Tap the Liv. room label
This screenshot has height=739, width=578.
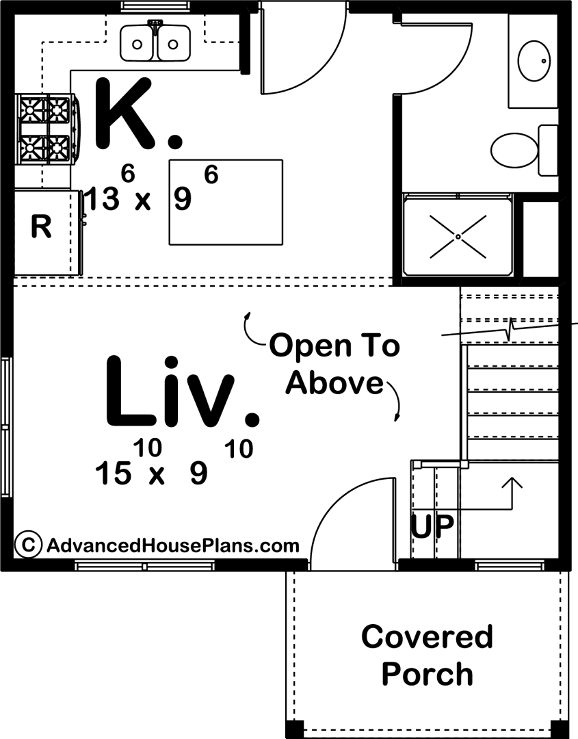click(181, 392)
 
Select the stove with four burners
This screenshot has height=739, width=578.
click(47, 129)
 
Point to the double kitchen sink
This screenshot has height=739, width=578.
click(155, 42)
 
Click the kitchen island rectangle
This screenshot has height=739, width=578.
click(226, 202)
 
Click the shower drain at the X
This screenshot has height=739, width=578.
click(458, 237)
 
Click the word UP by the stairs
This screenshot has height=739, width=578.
click(432, 526)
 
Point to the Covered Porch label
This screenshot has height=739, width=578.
click(428, 655)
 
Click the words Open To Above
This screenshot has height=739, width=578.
click(334, 363)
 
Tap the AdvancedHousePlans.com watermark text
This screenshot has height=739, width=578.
click(173, 546)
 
